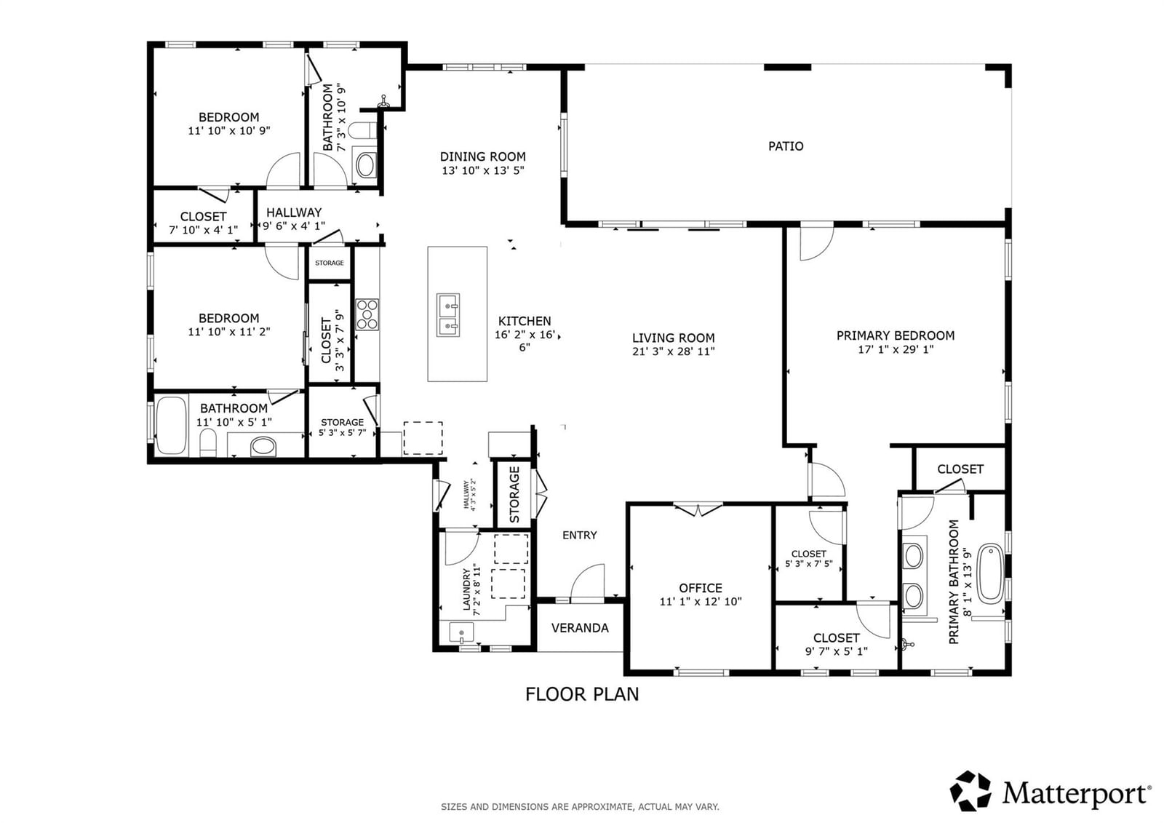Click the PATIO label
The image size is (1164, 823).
pyautogui.click(x=786, y=146)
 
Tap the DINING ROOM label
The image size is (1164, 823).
pyautogui.click(x=483, y=156)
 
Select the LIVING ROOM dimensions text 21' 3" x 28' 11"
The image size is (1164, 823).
pyautogui.click(x=674, y=351)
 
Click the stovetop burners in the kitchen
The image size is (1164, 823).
pyautogui.click(x=367, y=314)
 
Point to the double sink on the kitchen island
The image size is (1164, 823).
pyautogui.click(x=448, y=315)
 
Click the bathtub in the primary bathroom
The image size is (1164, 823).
pyautogui.click(x=990, y=573)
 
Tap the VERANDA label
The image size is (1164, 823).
pyautogui.click(x=580, y=628)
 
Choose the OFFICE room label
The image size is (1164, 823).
pyautogui.click(x=701, y=588)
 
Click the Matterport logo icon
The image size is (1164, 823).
pyautogui.click(x=970, y=791)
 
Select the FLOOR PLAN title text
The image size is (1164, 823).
pyautogui.click(x=582, y=694)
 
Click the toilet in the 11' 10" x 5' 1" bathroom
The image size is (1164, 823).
pyautogui.click(x=208, y=442)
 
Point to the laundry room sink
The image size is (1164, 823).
pyautogui.click(x=461, y=633)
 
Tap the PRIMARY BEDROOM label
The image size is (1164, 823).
pyautogui.click(x=896, y=336)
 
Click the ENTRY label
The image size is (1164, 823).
pyautogui.click(x=579, y=535)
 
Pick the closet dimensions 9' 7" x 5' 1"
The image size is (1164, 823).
pyautogui.click(x=837, y=651)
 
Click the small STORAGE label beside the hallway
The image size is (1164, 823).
pyautogui.click(x=330, y=263)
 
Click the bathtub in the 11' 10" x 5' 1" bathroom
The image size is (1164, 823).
pyautogui.click(x=172, y=425)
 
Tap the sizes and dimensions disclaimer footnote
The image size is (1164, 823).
pyautogui.click(x=580, y=807)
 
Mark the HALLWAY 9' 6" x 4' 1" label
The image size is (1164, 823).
pyautogui.click(x=294, y=219)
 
